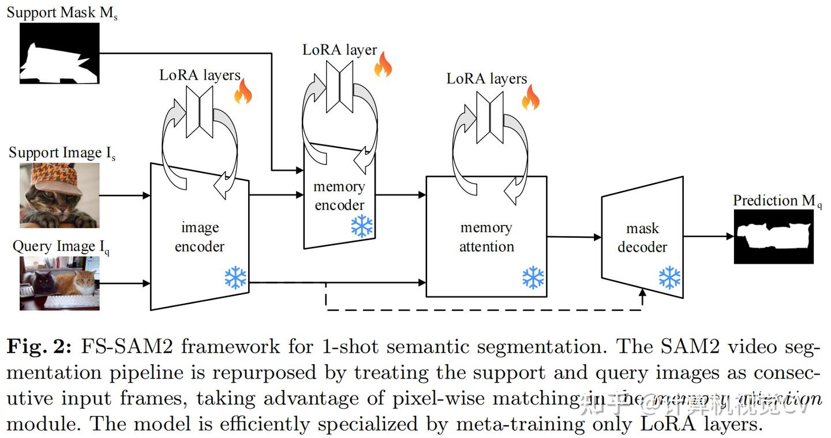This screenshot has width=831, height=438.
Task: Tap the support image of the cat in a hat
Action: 59,195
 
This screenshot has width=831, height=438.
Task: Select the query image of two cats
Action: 59,283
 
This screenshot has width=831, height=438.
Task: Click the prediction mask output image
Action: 773,237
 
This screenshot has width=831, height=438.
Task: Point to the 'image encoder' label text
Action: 200,237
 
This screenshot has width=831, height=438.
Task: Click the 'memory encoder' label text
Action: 339,196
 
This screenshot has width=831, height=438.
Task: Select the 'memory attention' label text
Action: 486,237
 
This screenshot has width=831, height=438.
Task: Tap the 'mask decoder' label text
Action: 642,238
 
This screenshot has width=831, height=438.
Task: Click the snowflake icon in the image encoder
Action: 235,278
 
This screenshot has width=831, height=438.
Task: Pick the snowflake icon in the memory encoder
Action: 362,227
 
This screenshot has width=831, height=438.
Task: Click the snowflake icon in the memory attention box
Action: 533,278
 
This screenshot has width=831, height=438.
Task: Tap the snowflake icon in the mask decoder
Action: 669,278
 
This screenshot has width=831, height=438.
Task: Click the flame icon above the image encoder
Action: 243,92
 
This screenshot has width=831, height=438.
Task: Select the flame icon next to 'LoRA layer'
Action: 383,65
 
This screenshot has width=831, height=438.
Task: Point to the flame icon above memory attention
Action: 530,98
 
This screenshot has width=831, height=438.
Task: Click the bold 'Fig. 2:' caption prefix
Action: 39,347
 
